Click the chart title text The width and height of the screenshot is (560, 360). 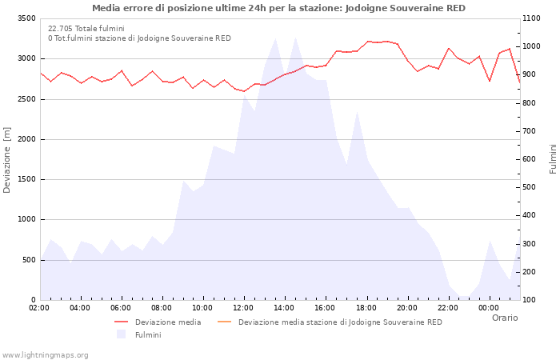pos(278,8)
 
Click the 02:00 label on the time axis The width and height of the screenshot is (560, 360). pos(39,308)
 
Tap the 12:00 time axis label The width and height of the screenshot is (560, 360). pos(243,308)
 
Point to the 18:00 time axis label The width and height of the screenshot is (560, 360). pos(366,308)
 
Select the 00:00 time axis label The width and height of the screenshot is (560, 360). pos(488,308)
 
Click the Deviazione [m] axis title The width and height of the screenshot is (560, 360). pos(8,160)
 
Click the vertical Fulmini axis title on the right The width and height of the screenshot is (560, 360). pos(553,159)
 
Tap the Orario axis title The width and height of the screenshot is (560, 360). pos(504,318)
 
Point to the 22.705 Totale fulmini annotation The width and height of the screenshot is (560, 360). pos(86,28)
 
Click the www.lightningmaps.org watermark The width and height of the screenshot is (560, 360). pos(45,354)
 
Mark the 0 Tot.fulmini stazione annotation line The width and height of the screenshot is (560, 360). pos(139,38)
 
